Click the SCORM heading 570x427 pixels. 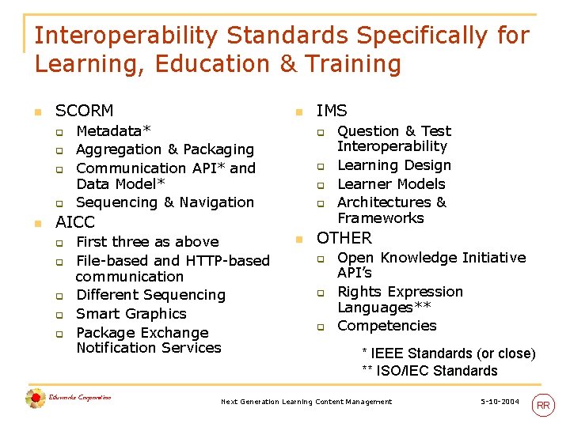[x=84, y=111]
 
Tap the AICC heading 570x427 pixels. [x=74, y=222]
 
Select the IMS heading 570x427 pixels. [x=331, y=111]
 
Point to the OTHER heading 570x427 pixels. [x=344, y=238]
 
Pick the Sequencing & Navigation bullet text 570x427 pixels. [x=165, y=202]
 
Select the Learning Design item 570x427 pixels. [x=393, y=165]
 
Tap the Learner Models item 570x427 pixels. [x=391, y=183]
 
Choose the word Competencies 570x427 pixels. [x=386, y=326]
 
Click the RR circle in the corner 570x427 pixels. [x=543, y=406]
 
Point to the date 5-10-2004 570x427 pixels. [x=500, y=402]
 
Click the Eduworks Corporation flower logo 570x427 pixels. [x=35, y=399]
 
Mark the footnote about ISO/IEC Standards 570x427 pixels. [x=430, y=371]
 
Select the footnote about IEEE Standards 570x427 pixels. [x=448, y=353]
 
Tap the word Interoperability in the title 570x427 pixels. [x=126, y=36]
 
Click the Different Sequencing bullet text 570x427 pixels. [x=150, y=295]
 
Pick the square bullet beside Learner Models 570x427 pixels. [x=321, y=185]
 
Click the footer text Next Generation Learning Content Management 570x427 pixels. [x=306, y=402]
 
